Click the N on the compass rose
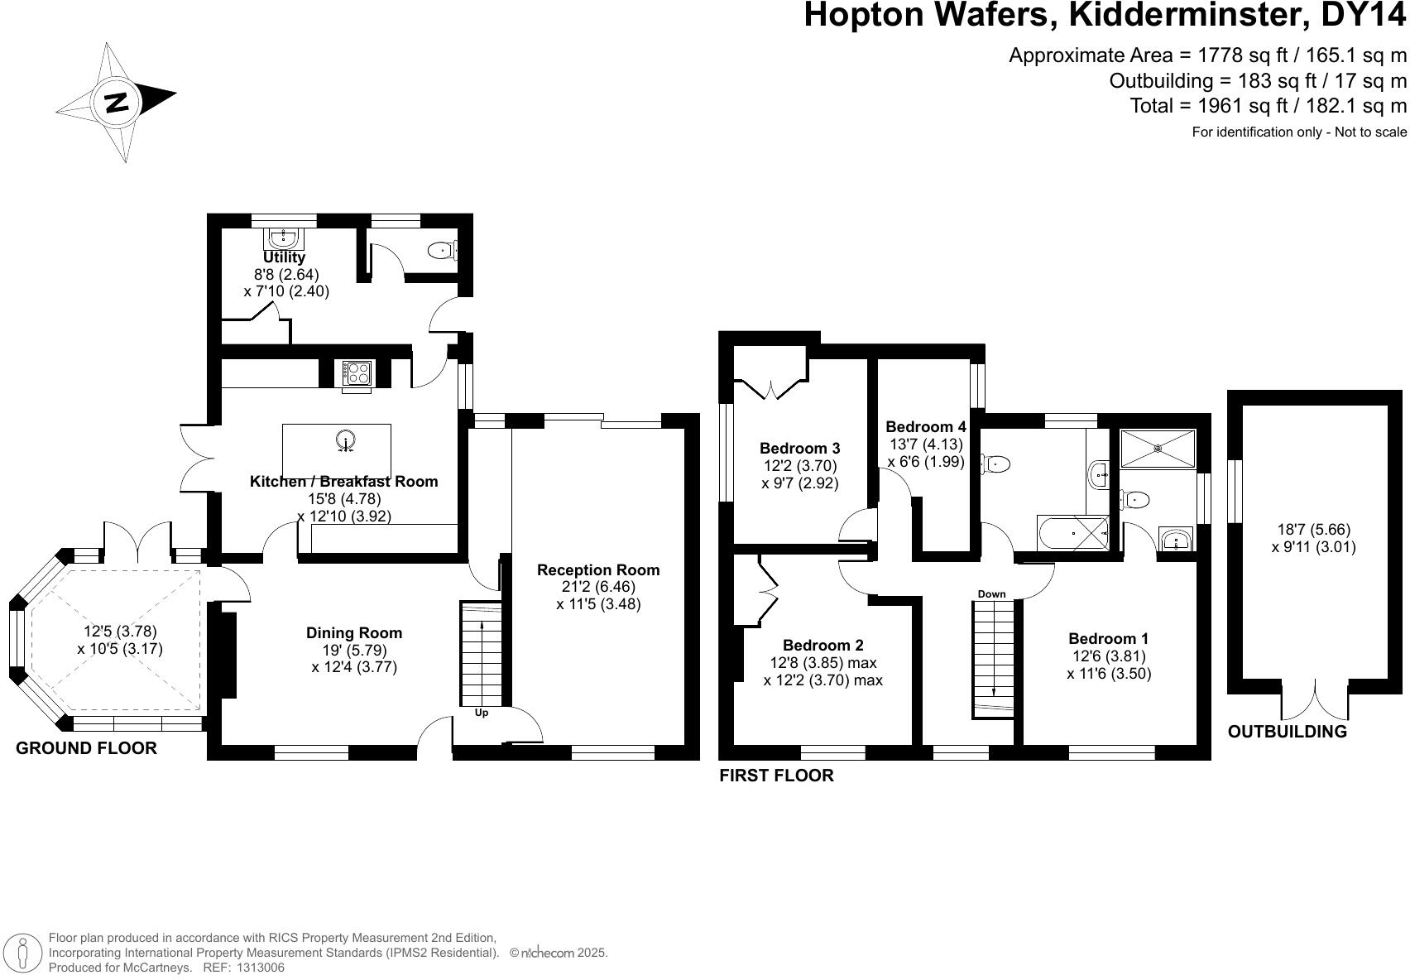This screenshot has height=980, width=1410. coord(117,103)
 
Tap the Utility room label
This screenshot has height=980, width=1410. coord(284,257)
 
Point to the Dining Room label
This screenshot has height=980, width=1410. coord(354,633)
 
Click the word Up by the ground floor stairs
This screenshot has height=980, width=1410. coord(482,713)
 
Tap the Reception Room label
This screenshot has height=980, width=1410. coord(598,569)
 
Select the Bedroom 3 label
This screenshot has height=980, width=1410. coord(799,449)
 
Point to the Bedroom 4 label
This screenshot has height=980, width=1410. coord(925,427)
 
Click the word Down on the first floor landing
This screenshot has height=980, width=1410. coord(991,594)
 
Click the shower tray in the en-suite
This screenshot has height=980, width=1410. coord(1158,449)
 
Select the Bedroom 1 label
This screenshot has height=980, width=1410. coord(1108,639)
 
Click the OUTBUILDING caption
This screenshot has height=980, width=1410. coord(1287,732)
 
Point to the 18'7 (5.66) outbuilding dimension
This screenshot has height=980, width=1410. coord(1313,530)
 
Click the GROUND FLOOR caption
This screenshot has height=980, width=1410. coord(86,748)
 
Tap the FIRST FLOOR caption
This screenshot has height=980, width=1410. coord(776,776)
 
